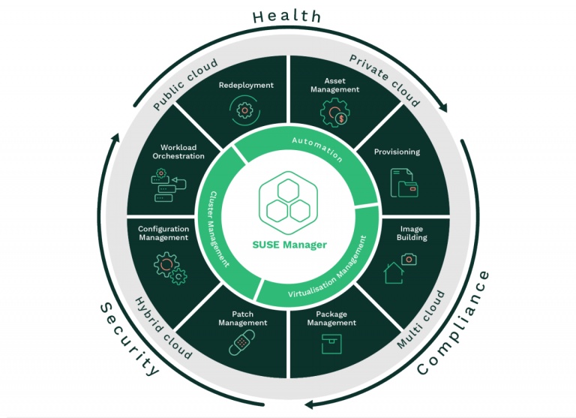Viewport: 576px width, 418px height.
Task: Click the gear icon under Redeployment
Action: pos(245,111)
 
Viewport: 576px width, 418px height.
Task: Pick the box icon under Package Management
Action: pos(331,344)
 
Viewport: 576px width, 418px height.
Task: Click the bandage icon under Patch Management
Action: pos(242,344)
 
